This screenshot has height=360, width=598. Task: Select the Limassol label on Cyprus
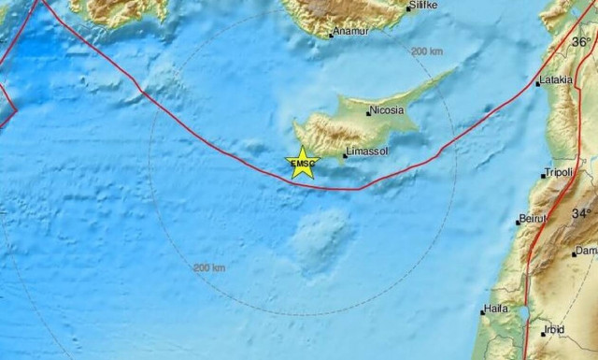367,149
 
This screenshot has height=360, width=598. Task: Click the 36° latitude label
583,42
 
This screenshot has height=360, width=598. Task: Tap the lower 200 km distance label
209,268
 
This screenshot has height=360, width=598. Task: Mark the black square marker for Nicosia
367,110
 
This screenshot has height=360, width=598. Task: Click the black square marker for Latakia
538,84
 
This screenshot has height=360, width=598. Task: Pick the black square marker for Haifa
482,310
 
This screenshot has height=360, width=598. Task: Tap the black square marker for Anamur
332,36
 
